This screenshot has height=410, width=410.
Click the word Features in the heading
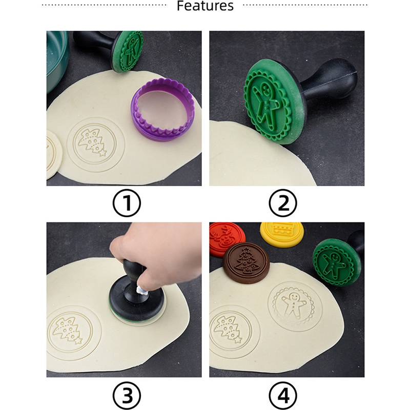(205, 6)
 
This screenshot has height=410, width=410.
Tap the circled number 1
(127, 203)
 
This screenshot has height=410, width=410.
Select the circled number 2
(283, 203)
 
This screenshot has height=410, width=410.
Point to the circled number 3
(127, 395)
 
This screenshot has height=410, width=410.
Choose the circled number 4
(283, 395)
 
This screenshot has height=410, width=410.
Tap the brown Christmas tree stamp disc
(246, 263)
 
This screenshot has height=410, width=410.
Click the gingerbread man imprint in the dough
(295, 306)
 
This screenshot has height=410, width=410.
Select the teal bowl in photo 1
(56, 60)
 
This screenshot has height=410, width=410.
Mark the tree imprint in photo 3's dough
(70, 333)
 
